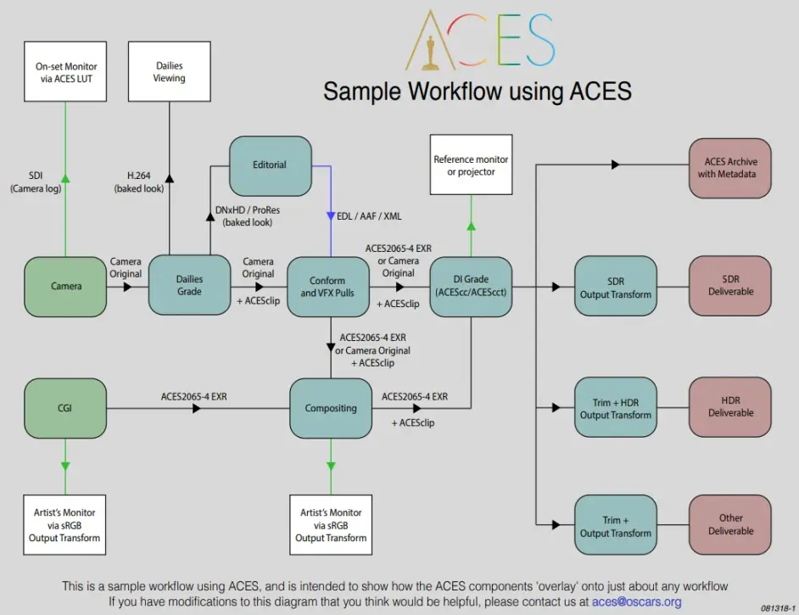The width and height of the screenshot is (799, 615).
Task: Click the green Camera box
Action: (x=66, y=286)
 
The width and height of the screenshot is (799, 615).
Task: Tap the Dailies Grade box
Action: (x=189, y=285)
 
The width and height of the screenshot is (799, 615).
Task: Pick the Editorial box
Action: (x=270, y=165)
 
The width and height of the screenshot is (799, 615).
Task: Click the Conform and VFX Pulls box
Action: (x=327, y=286)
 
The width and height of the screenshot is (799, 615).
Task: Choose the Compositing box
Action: (x=331, y=408)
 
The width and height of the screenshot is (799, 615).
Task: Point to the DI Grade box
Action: (x=471, y=286)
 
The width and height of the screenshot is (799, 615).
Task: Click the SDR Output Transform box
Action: (x=616, y=286)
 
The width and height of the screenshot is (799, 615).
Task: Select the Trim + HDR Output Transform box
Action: (x=616, y=408)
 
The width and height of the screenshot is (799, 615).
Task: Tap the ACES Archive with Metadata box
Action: (x=730, y=167)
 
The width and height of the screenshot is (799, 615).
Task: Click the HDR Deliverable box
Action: (x=730, y=406)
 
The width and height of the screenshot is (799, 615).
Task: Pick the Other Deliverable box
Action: (x=730, y=524)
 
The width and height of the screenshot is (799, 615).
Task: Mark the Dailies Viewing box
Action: (x=169, y=72)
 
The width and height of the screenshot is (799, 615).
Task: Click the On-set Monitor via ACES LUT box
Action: (x=66, y=72)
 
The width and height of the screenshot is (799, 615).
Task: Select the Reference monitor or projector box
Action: (x=471, y=165)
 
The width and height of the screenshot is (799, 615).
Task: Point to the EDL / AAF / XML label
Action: (x=369, y=216)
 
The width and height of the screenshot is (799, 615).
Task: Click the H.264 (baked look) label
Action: (x=139, y=182)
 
